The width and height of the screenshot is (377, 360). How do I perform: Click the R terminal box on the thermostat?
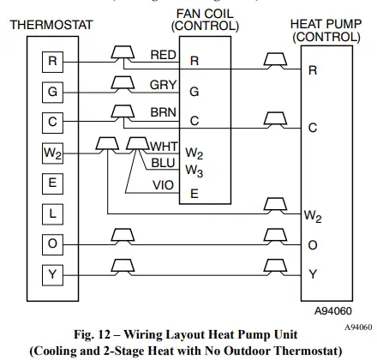(x=53, y=61)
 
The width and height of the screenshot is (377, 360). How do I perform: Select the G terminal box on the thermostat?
(x=53, y=92)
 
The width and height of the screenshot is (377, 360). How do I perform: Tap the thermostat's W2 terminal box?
(x=53, y=153)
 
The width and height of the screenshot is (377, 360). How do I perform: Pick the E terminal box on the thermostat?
(x=53, y=183)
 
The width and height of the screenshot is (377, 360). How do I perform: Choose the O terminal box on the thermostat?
(x=53, y=245)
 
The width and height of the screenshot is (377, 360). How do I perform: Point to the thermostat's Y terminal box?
(x=53, y=275)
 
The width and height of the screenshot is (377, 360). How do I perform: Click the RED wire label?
(x=163, y=55)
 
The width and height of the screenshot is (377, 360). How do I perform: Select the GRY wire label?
(x=163, y=85)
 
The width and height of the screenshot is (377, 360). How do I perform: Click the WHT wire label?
(x=163, y=146)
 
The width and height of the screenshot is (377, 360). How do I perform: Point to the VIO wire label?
(x=163, y=183)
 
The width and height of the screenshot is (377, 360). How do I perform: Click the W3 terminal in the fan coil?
(x=196, y=171)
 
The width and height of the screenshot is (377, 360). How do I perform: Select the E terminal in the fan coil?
(x=194, y=194)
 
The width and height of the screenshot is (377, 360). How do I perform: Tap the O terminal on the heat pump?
(x=313, y=245)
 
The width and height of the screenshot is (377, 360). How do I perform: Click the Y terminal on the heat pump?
(x=313, y=275)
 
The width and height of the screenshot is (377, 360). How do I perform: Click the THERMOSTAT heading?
(x=52, y=25)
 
